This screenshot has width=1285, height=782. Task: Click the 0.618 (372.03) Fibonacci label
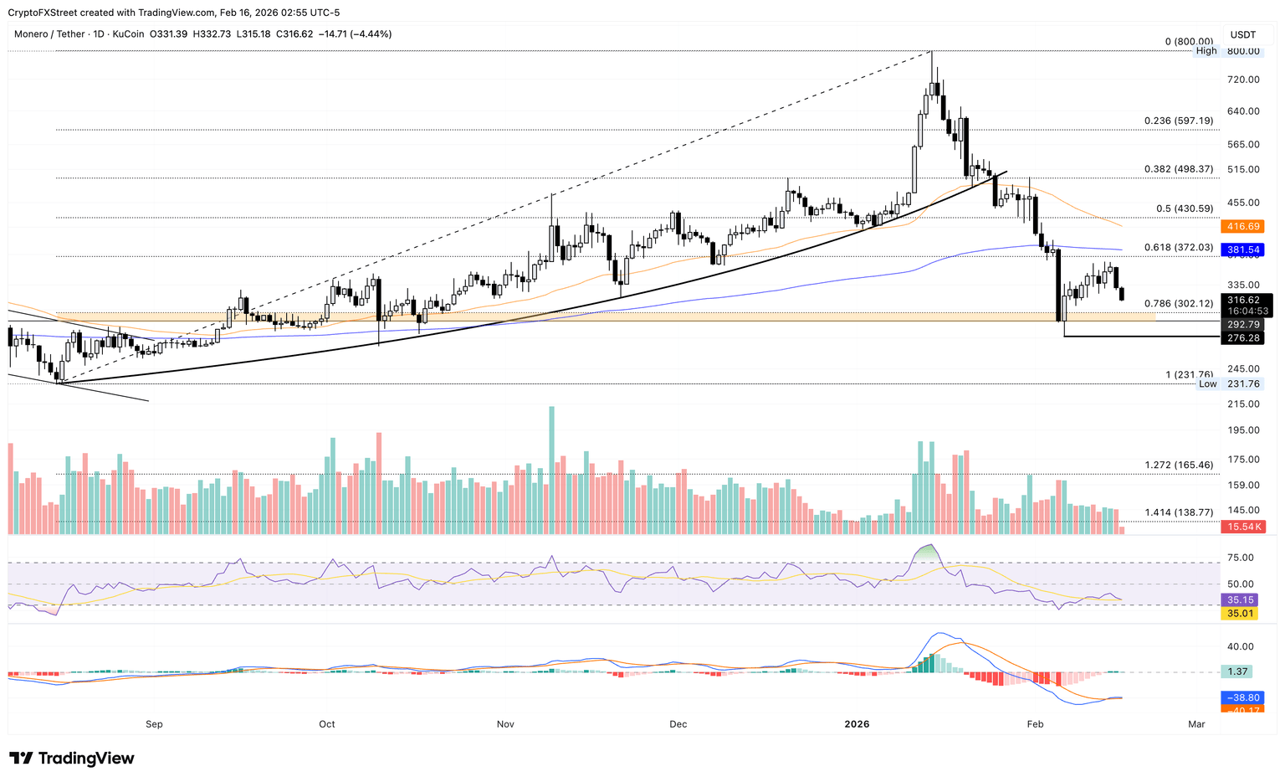pos(1178,248)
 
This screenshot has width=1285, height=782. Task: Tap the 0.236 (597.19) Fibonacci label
pos(1178,121)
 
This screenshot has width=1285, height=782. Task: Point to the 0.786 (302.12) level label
pos(1178,304)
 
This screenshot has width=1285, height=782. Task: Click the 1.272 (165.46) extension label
pos(1178,466)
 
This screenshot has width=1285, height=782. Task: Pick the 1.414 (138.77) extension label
pos(1178,512)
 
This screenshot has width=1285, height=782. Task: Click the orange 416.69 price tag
pos(1243,227)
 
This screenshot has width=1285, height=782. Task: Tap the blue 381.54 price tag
pos(1243,250)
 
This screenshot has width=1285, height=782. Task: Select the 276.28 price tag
pos(1243,338)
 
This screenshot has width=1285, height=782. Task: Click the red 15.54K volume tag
pos(1243,527)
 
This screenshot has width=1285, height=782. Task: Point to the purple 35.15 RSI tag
pos(1240,600)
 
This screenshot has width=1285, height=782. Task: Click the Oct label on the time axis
pos(327,724)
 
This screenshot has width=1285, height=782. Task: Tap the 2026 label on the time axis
pos(857,724)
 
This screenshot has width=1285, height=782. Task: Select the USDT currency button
pos(1243,34)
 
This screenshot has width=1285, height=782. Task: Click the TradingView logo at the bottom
pos(72,759)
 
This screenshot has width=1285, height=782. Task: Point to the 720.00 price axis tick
pos(1243,80)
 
